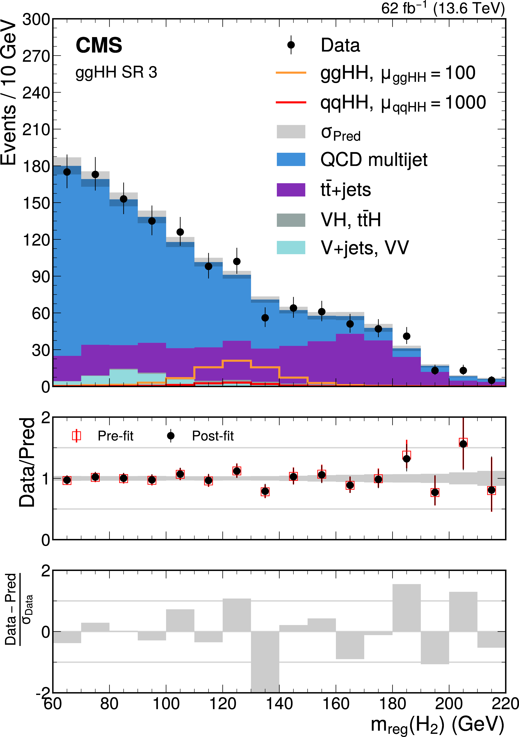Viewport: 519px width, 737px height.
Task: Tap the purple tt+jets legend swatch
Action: click(291, 190)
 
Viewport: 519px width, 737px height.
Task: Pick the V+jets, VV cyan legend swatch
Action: click(291, 248)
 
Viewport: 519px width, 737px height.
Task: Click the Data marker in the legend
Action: click(291, 45)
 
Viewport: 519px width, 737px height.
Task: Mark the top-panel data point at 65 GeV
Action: click(67, 172)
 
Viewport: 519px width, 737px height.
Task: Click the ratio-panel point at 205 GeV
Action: click(463, 444)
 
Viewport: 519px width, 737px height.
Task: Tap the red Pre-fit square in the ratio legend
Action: click(76, 436)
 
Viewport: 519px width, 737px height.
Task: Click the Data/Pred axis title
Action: click(27, 463)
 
